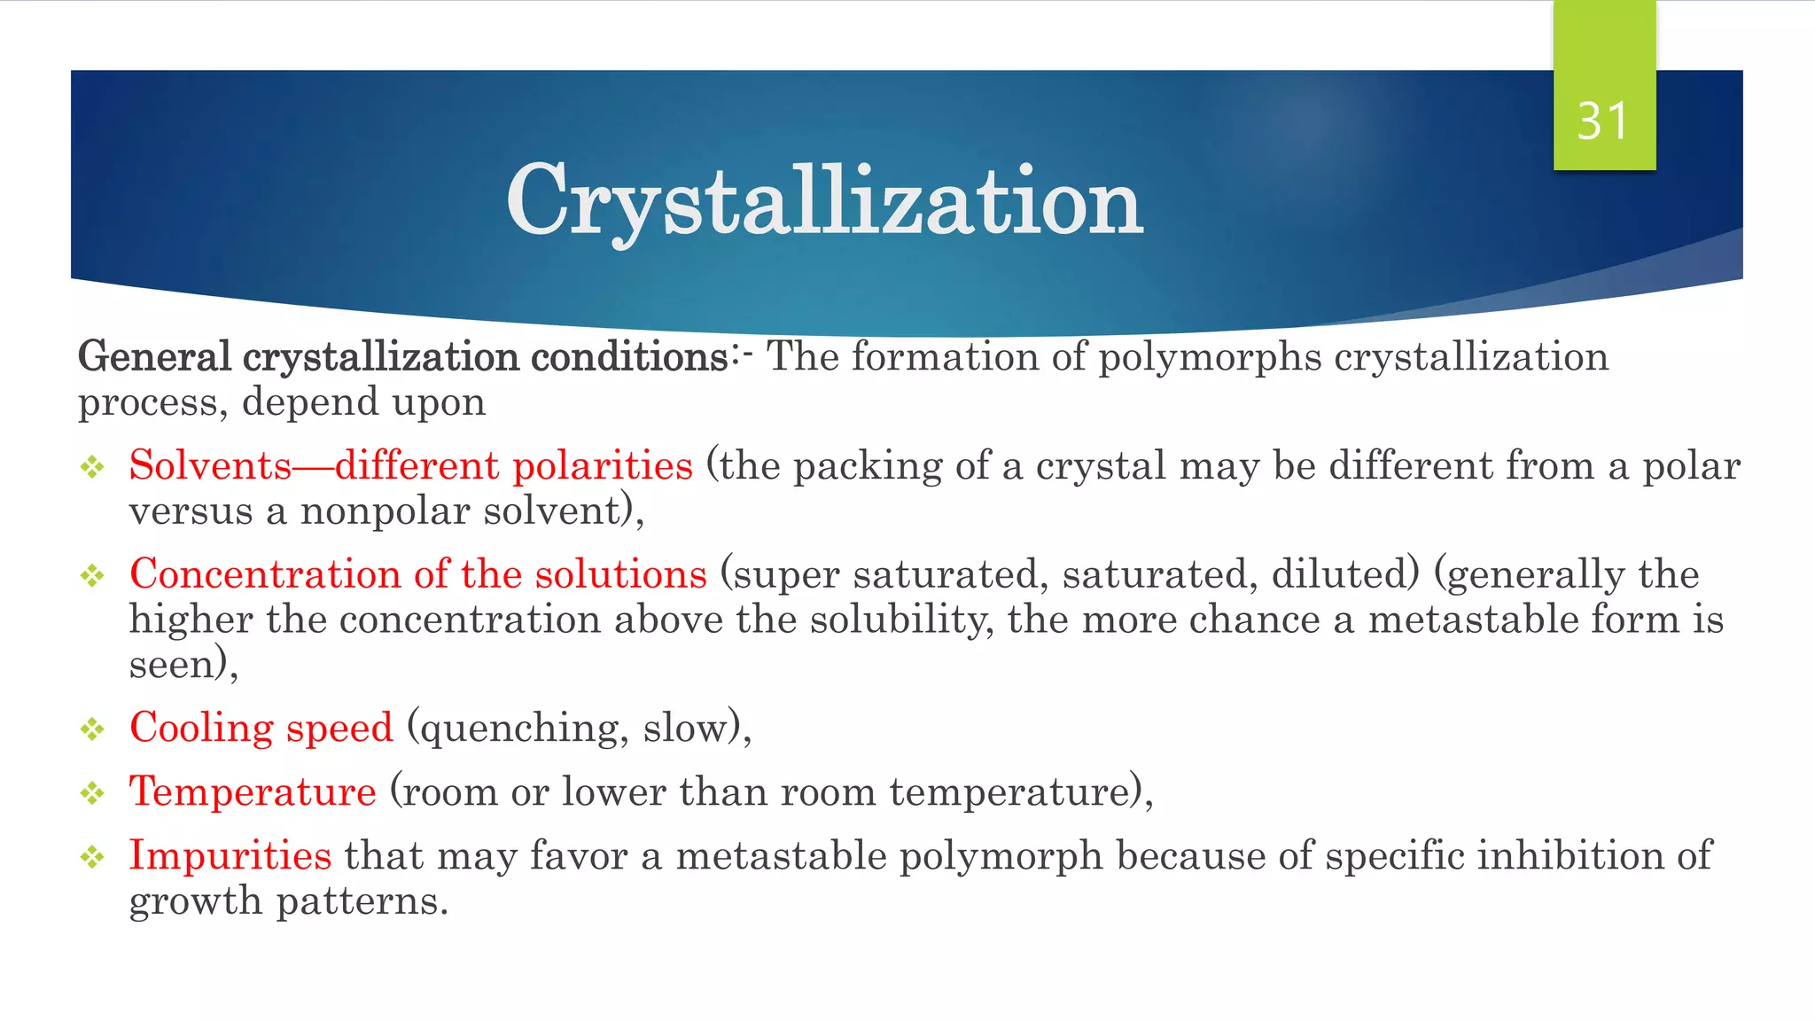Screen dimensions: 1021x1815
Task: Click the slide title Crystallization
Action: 824,202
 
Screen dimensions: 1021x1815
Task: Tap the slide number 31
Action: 1603,121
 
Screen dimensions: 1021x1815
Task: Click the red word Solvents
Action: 210,465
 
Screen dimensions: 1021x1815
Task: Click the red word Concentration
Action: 266,574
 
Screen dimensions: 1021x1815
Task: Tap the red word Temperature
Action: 253,791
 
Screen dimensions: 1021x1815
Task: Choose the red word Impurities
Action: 230,855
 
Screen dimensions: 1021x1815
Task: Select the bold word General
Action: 154,356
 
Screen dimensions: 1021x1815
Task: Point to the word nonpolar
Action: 385,511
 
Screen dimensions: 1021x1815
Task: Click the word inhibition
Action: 1570,855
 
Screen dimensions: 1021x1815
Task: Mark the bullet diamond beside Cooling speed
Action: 92,729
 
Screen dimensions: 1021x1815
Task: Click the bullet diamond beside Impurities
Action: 92,857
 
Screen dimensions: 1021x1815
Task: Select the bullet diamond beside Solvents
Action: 92,467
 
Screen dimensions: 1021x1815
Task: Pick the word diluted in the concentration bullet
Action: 1344,574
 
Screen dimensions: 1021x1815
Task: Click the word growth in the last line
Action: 196,902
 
